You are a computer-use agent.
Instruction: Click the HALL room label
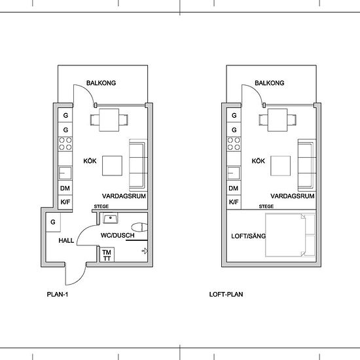(66, 240)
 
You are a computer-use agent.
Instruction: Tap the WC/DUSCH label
(117, 236)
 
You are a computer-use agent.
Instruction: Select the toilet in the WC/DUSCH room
(139, 227)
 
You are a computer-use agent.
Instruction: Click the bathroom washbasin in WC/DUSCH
(111, 218)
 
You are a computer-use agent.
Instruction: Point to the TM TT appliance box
(107, 255)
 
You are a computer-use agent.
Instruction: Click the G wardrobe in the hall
(53, 223)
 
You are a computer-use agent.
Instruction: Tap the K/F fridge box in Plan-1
(65, 202)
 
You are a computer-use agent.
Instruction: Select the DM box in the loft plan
(234, 188)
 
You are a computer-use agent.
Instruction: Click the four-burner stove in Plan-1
(65, 144)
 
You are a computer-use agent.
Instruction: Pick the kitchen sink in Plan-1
(65, 173)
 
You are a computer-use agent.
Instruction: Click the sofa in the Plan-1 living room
(138, 166)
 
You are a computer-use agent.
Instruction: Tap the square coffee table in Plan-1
(112, 166)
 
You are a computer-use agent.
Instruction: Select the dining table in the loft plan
(278, 120)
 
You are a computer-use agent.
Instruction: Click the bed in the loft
(291, 234)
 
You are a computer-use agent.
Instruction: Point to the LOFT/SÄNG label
(249, 236)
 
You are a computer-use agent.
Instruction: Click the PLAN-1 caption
(58, 295)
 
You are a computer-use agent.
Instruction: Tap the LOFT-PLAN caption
(226, 295)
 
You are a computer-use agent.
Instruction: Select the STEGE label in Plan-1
(101, 206)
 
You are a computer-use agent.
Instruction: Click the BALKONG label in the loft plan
(270, 83)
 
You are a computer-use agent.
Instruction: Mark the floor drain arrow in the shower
(145, 251)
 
